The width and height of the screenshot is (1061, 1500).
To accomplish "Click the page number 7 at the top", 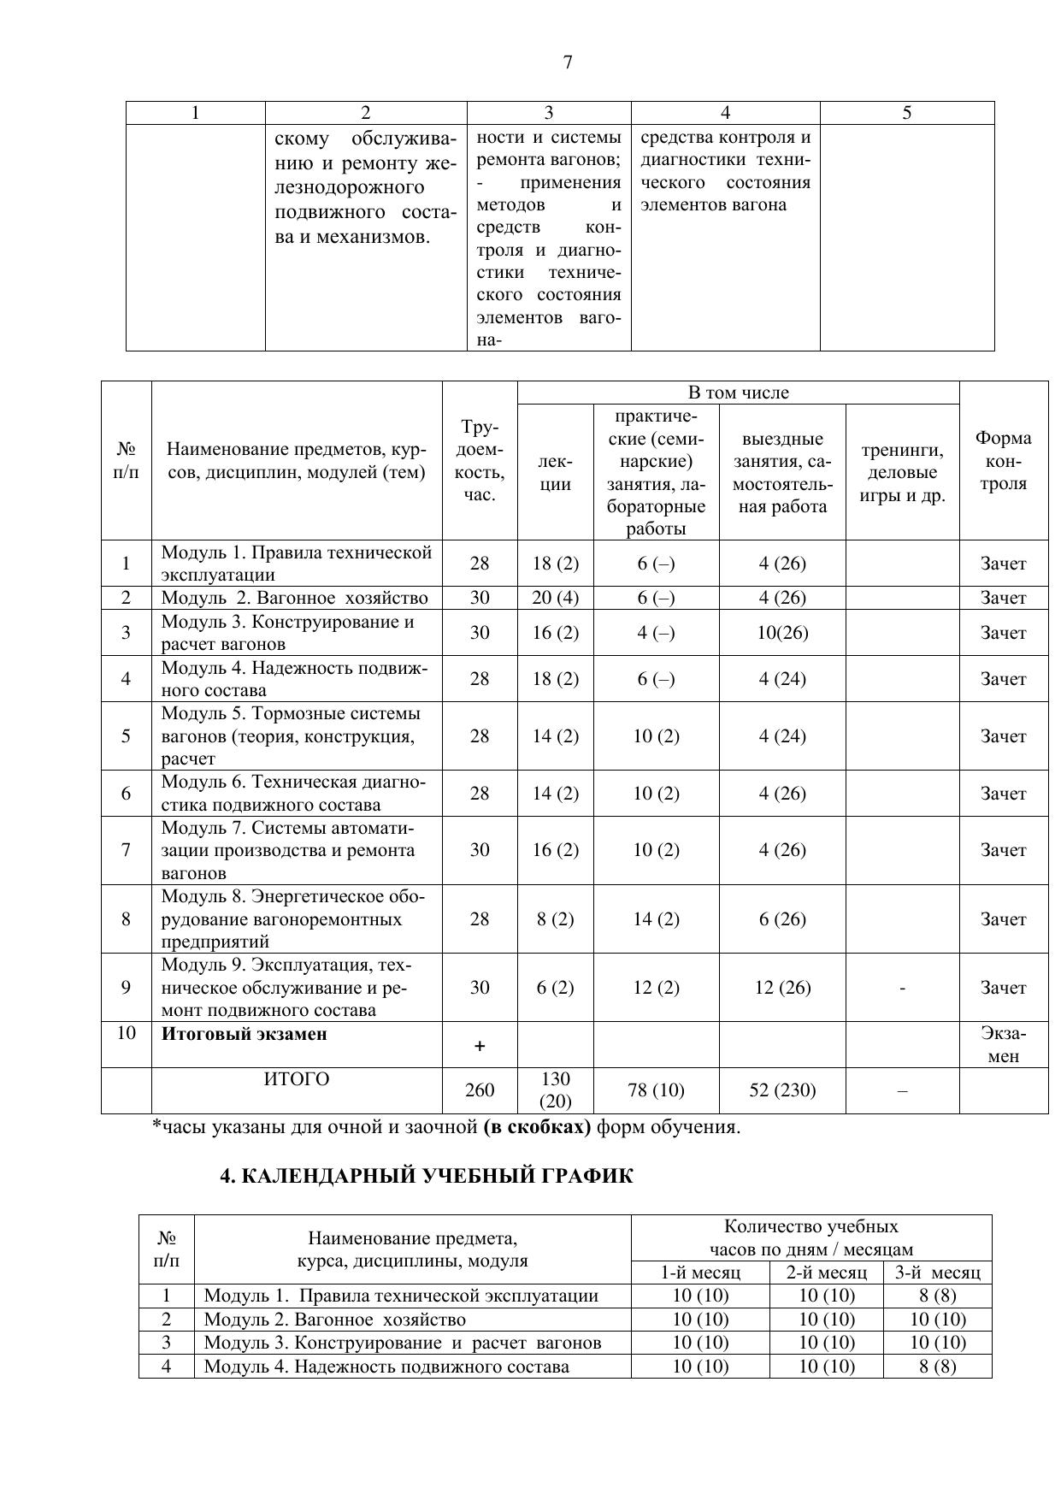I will [568, 62].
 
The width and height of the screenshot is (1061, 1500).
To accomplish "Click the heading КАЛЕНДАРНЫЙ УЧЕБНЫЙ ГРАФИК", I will [427, 1176].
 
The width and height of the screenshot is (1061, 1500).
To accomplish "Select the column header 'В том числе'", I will [738, 393].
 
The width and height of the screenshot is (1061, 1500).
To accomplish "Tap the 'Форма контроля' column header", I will [1003, 460].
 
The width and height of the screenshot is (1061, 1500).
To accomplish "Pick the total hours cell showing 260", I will [480, 1090].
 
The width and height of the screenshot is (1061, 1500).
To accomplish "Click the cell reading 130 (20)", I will [556, 1090].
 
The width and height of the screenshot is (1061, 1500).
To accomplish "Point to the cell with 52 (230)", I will [782, 1090].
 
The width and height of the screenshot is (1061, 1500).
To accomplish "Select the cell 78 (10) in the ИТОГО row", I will [656, 1090].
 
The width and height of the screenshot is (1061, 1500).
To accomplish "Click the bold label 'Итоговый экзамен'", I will [245, 1033].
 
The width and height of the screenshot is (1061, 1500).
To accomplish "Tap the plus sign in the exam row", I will [480, 1045].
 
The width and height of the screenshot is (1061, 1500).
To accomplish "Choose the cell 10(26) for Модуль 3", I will [782, 632].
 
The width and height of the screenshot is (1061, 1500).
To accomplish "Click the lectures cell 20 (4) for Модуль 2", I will [556, 597].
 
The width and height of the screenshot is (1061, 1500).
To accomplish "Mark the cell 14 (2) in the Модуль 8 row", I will [656, 918].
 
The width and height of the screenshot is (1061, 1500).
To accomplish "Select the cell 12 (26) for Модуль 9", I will [782, 987].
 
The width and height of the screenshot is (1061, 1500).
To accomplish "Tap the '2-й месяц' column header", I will [826, 1272].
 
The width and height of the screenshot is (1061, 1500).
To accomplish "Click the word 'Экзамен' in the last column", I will [1003, 1044].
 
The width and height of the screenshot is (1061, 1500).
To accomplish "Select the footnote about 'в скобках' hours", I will [446, 1126].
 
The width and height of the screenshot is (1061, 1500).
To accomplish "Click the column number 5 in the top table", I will [906, 113].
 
